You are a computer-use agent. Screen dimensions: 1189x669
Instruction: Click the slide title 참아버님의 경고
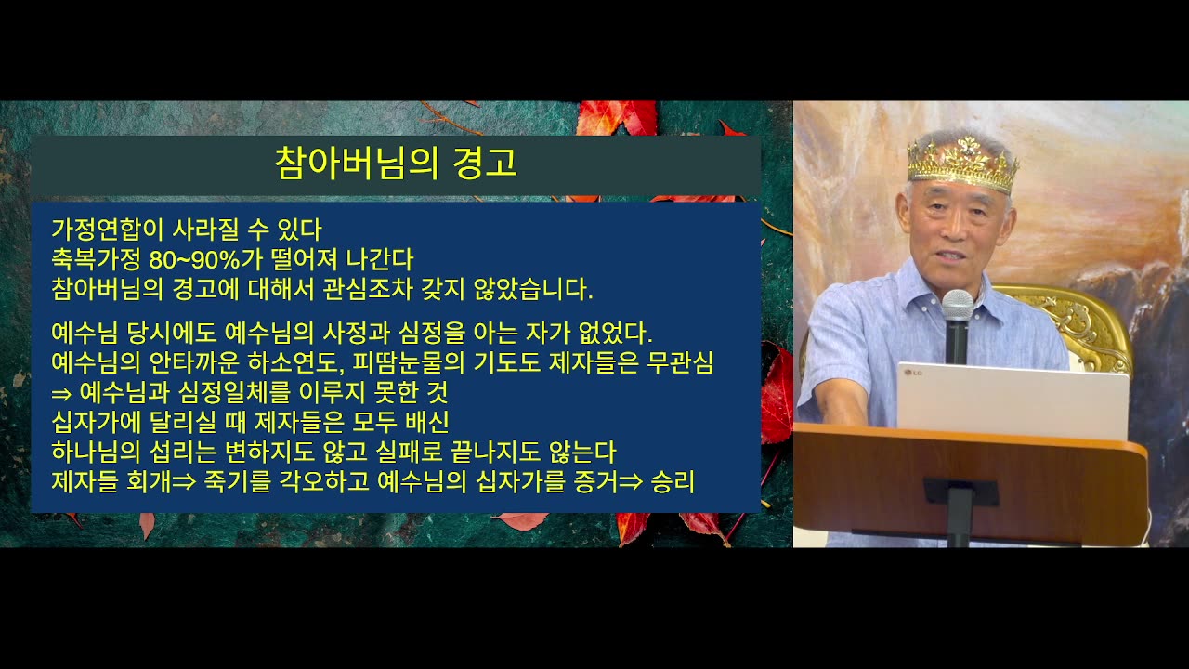(x=396, y=163)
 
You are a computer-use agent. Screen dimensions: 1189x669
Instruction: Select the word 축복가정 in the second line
(x=96, y=259)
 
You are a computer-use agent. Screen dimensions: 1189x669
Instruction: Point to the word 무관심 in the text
(x=680, y=362)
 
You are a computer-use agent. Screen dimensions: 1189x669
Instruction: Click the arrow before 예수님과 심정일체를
(x=61, y=394)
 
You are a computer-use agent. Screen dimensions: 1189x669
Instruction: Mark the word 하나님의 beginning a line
(x=96, y=452)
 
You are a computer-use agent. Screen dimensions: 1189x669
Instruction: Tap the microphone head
(x=958, y=305)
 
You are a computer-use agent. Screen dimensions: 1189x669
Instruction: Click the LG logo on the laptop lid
(x=912, y=373)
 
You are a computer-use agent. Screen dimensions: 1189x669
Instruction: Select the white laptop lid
(x=1013, y=400)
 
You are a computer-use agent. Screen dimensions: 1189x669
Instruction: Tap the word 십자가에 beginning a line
(x=96, y=422)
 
